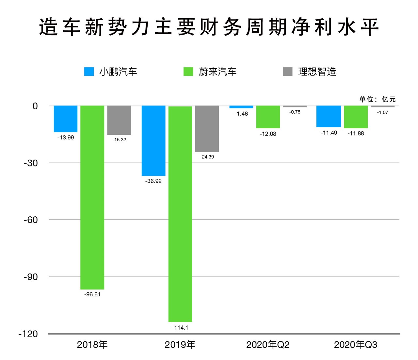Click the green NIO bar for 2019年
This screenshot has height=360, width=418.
pyautogui.click(x=180, y=214)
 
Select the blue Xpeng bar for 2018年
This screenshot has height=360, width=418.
pyautogui.click(x=66, y=119)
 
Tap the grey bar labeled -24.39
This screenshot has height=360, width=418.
pyautogui.click(x=207, y=129)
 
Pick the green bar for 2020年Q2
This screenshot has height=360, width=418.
pyautogui.click(x=268, y=117)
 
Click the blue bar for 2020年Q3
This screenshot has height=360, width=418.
pyautogui.click(x=329, y=117)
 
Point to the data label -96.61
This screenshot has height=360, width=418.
pyautogui.click(x=92, y=294)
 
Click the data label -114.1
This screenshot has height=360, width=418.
pyautogui.click(x=180, y=327)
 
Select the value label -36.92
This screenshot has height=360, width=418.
pyautogui.click(x=153, y=181)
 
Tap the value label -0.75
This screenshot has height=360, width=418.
pyautogui.click(x=295, y=112)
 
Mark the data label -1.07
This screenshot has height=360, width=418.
pyautogui.click(x=382, y=112)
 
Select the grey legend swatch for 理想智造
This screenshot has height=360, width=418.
pyautogui.click(x=288, y=71)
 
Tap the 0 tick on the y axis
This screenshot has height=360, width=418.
pyautogui.click(x=35, y=106)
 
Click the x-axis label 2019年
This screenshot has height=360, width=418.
pyautogui.click(x=180, y=345)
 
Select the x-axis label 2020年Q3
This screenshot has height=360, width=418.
pyautogui.click(x=355, y=345)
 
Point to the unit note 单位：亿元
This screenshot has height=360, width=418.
pyautogui.click(x=378, y=99)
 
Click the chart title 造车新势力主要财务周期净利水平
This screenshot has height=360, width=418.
pyautogui.click(x=209, y=27)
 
